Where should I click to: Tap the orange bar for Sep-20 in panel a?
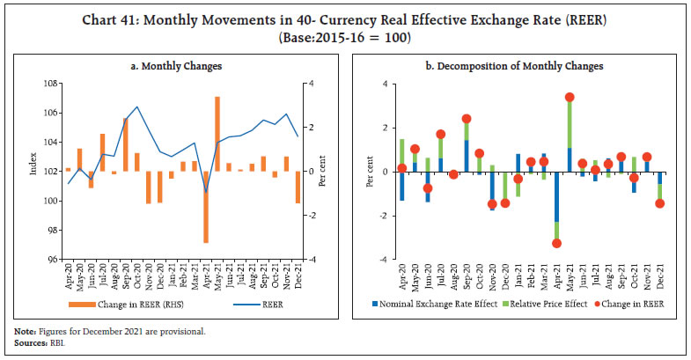126,144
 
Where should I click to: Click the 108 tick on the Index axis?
54,84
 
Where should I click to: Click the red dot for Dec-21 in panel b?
659,203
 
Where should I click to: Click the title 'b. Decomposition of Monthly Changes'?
519,67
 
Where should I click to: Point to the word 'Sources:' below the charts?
27,339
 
